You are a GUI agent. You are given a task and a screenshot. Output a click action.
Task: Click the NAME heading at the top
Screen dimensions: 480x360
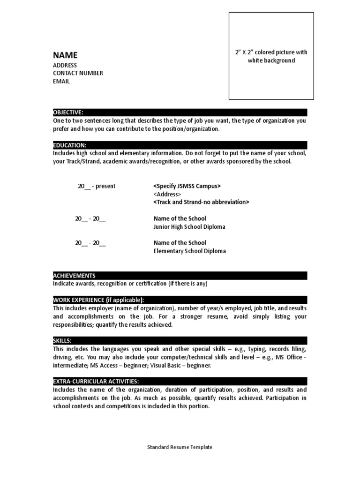click(x=65, y=55)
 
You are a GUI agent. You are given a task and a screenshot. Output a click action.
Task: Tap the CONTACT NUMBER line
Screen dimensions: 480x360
click(x=78, y=73)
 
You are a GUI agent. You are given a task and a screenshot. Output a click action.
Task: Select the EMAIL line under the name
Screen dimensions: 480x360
click(x=61, y=81)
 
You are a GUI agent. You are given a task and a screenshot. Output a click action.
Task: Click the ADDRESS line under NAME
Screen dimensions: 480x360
click(x=65, y=65)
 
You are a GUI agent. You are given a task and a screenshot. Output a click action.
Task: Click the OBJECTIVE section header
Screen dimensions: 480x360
click(x=68, y=112)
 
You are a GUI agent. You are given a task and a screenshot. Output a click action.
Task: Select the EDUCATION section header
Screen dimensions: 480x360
click(x=70, y=145)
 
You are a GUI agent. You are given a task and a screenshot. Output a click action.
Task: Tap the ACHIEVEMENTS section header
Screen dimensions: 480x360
click(x=75, y=276)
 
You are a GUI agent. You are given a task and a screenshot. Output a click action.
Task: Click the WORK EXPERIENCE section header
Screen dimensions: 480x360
click(x=99, y=300)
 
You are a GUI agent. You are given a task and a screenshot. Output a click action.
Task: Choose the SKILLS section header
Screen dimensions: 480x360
click(x=62, y=341)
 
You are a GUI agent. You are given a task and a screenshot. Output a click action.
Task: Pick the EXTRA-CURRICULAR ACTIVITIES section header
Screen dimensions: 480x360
click(x=96, y=382)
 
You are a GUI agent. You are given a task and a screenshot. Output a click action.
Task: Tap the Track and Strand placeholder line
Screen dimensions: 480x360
click(x=201, y=202)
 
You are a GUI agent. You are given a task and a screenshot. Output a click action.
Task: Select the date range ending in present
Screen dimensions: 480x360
click(x=97, y=186)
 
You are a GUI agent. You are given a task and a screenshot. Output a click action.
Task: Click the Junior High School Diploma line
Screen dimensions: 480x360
click(x=189, y=227)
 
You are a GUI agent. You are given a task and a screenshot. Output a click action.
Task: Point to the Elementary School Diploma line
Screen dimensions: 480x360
click(x=189, y=251)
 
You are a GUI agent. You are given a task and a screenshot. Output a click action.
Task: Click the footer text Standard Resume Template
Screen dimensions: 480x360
click(x=180, y=447)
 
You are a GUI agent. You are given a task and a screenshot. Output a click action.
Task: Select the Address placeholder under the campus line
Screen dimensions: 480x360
click(x=167, y=194)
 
